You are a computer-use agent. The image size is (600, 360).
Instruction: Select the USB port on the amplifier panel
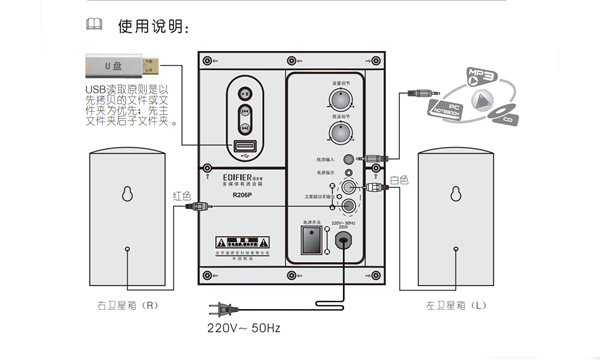(245, 147)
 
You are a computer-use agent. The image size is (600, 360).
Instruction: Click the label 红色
(183, 195)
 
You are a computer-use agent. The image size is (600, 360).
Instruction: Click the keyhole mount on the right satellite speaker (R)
(127, 195)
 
